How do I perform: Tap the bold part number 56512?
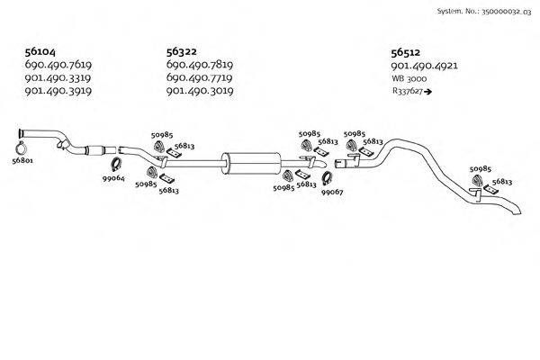[x=408, y=53]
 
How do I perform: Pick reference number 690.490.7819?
[x=200, y=66]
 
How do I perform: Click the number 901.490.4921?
[x=425, y=66]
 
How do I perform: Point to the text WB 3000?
[x=409, y=78]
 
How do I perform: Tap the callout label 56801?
[x=22, y=161]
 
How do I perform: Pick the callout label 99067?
[x=332, y=192]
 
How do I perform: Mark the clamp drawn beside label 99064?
[x=115, y=165]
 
